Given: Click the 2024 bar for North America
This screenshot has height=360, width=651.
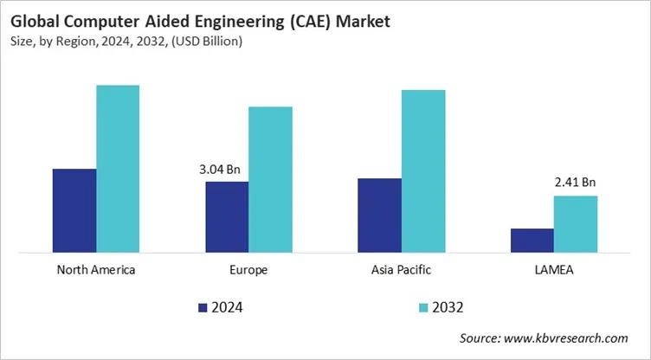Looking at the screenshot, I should coord(74,211).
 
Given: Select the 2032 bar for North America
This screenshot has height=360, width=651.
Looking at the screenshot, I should coord(118,170).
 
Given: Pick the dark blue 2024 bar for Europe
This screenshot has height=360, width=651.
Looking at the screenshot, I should coord(227,217).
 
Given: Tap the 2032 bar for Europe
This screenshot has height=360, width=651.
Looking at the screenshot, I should coord(270,180).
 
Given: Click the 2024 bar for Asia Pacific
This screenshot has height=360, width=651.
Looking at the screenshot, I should coord(379,216).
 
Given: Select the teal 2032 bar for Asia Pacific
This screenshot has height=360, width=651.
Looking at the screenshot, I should coord(422,171).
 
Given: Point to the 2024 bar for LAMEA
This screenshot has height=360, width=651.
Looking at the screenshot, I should coord(532,241).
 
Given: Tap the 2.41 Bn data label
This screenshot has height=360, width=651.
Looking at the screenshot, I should coord(575,183).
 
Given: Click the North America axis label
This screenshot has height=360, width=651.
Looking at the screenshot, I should coord(96,270).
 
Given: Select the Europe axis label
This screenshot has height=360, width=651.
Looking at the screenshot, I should coord(248,270).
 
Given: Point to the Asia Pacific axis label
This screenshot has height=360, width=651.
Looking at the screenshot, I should coord(401,270).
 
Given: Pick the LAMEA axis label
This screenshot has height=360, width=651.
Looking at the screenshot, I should coord(553,270).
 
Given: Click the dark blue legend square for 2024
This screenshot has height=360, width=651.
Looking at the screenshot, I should coord(203,307).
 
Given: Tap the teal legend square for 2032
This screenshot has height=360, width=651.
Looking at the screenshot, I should coord(423,307).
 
